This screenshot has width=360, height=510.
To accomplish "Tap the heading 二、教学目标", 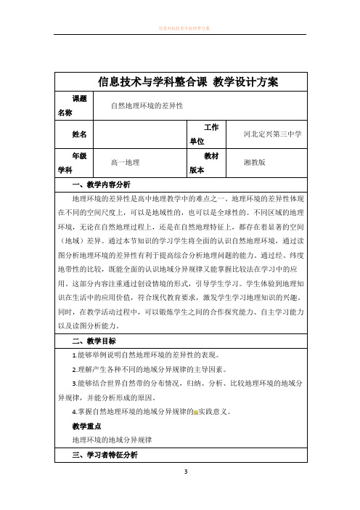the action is [x=91, y=340].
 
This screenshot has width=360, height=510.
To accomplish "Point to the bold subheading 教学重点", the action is [x=86, y=426].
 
